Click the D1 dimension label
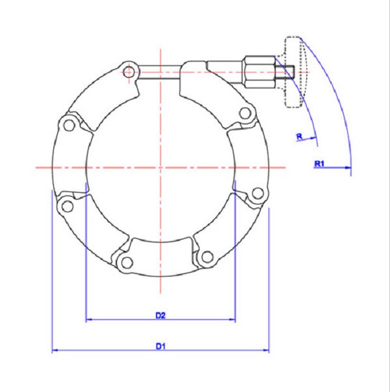click(160, 346)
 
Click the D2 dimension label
click(160, 315)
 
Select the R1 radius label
click(319, 163)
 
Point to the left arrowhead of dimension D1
click(55, 352)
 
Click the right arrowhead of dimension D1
click(265, 352)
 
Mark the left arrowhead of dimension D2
click(89, 320)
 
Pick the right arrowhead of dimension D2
click(232, 320)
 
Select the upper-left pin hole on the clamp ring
click(68, 124)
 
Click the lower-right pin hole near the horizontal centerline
click(257, 193)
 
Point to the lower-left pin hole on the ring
click(65, 206)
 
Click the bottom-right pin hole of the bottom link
click(207, 257)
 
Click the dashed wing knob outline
click(292, 71)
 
